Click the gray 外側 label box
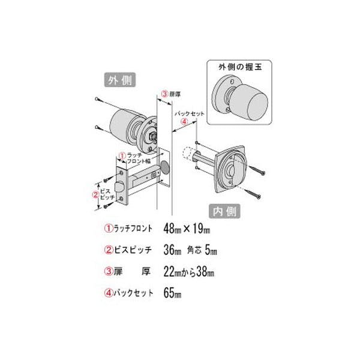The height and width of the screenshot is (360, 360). (x=120, y=80)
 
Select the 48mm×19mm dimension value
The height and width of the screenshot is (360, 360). (x=188, y=229)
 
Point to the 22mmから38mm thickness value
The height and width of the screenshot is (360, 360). (x=188, y=272)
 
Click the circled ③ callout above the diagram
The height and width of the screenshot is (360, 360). (x=164, y=94)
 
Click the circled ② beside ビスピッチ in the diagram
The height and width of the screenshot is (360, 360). (x=95, y=194)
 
